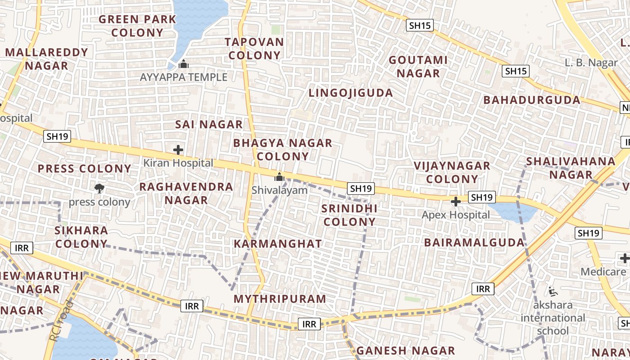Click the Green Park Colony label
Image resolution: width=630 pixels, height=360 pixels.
[x=137, y=26]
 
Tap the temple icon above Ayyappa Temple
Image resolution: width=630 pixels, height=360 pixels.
[x=183, y=64]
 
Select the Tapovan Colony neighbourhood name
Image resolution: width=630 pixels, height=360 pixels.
[x=255, y=49]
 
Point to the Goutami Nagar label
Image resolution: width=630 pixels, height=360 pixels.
[x=418, y=67]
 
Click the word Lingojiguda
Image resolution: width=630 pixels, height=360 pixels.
[x=351, y=93]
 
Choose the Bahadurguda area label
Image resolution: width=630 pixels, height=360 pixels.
[x=532, y=100]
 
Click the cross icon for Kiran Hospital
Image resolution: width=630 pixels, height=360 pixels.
[x=178, y=149]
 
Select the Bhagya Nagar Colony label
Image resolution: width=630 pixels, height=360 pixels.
[x=283, y=150]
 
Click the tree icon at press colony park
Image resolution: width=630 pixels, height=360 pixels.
[x=99, y=188]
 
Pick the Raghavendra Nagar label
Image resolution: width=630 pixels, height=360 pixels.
[x=186, y=193]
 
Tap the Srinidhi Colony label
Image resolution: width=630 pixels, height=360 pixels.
[x=350, y=215]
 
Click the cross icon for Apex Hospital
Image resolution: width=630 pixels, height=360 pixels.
[x=455, y=201]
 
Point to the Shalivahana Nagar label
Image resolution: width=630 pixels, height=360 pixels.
[x=571, y=168]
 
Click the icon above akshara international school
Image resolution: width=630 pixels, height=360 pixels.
[x=553, y=292]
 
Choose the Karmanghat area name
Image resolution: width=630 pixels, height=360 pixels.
[x=278, y=244]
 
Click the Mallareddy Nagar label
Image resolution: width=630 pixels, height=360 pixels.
[x=47, y=59]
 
